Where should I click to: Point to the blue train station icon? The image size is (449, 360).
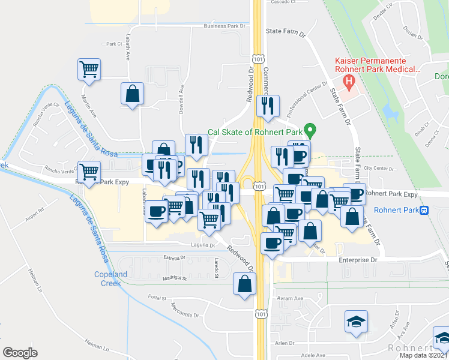point(424,210)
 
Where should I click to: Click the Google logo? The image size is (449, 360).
point(20,353)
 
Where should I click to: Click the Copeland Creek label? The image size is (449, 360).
point(111,278)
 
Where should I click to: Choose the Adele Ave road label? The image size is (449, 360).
point(313,355)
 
